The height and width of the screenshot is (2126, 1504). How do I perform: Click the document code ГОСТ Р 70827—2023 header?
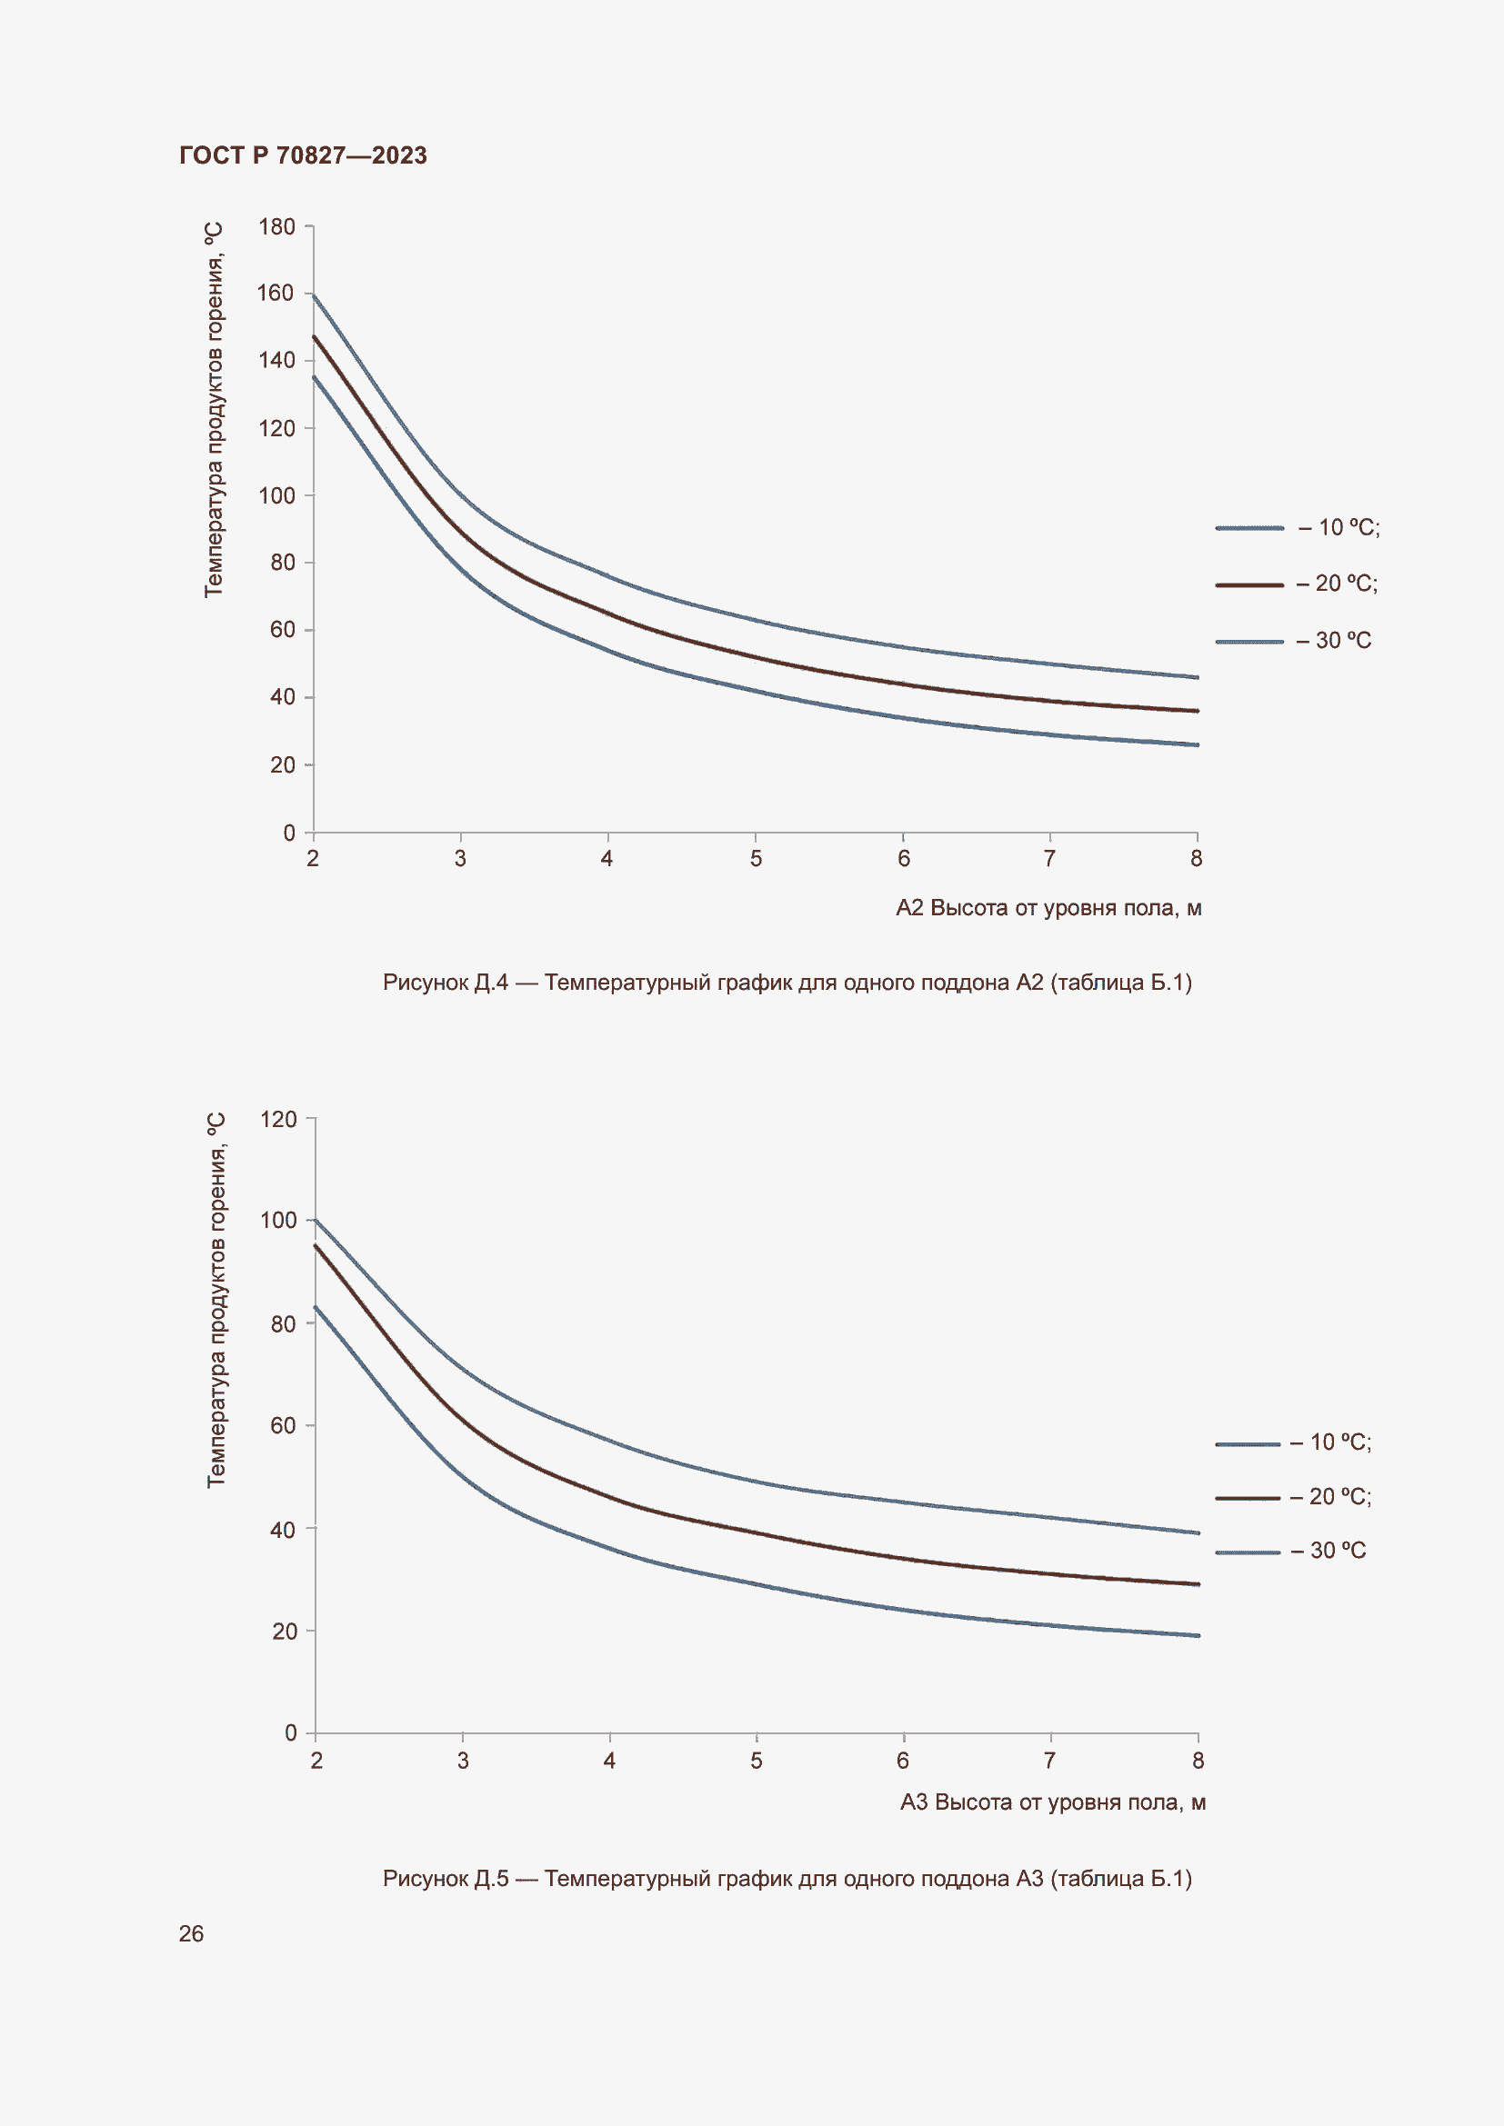click(x=303, y=155)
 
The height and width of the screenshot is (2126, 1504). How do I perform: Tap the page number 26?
click(x=191, y=1933)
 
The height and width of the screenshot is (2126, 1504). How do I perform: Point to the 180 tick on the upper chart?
click(x=277, y=227)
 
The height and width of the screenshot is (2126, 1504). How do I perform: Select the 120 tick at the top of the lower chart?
click(x=279, y=1120)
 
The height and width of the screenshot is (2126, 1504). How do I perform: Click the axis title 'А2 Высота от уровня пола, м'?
click(x=1048, y=908)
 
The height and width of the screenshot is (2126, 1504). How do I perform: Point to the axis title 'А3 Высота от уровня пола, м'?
click(x=1052, y=1802)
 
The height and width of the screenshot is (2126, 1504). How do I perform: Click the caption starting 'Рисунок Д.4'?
click(x=787, y=983)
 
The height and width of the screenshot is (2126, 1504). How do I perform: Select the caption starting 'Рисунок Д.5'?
click(x=787, y=1879)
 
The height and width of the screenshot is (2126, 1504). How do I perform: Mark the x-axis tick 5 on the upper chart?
click(x=756, y=859)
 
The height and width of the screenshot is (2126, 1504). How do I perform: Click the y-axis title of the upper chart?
click(x=214, y=410)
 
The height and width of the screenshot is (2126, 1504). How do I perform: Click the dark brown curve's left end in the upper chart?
click(x=315, y=338)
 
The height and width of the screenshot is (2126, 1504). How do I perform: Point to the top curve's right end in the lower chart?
click(x=1197, y=1532)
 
